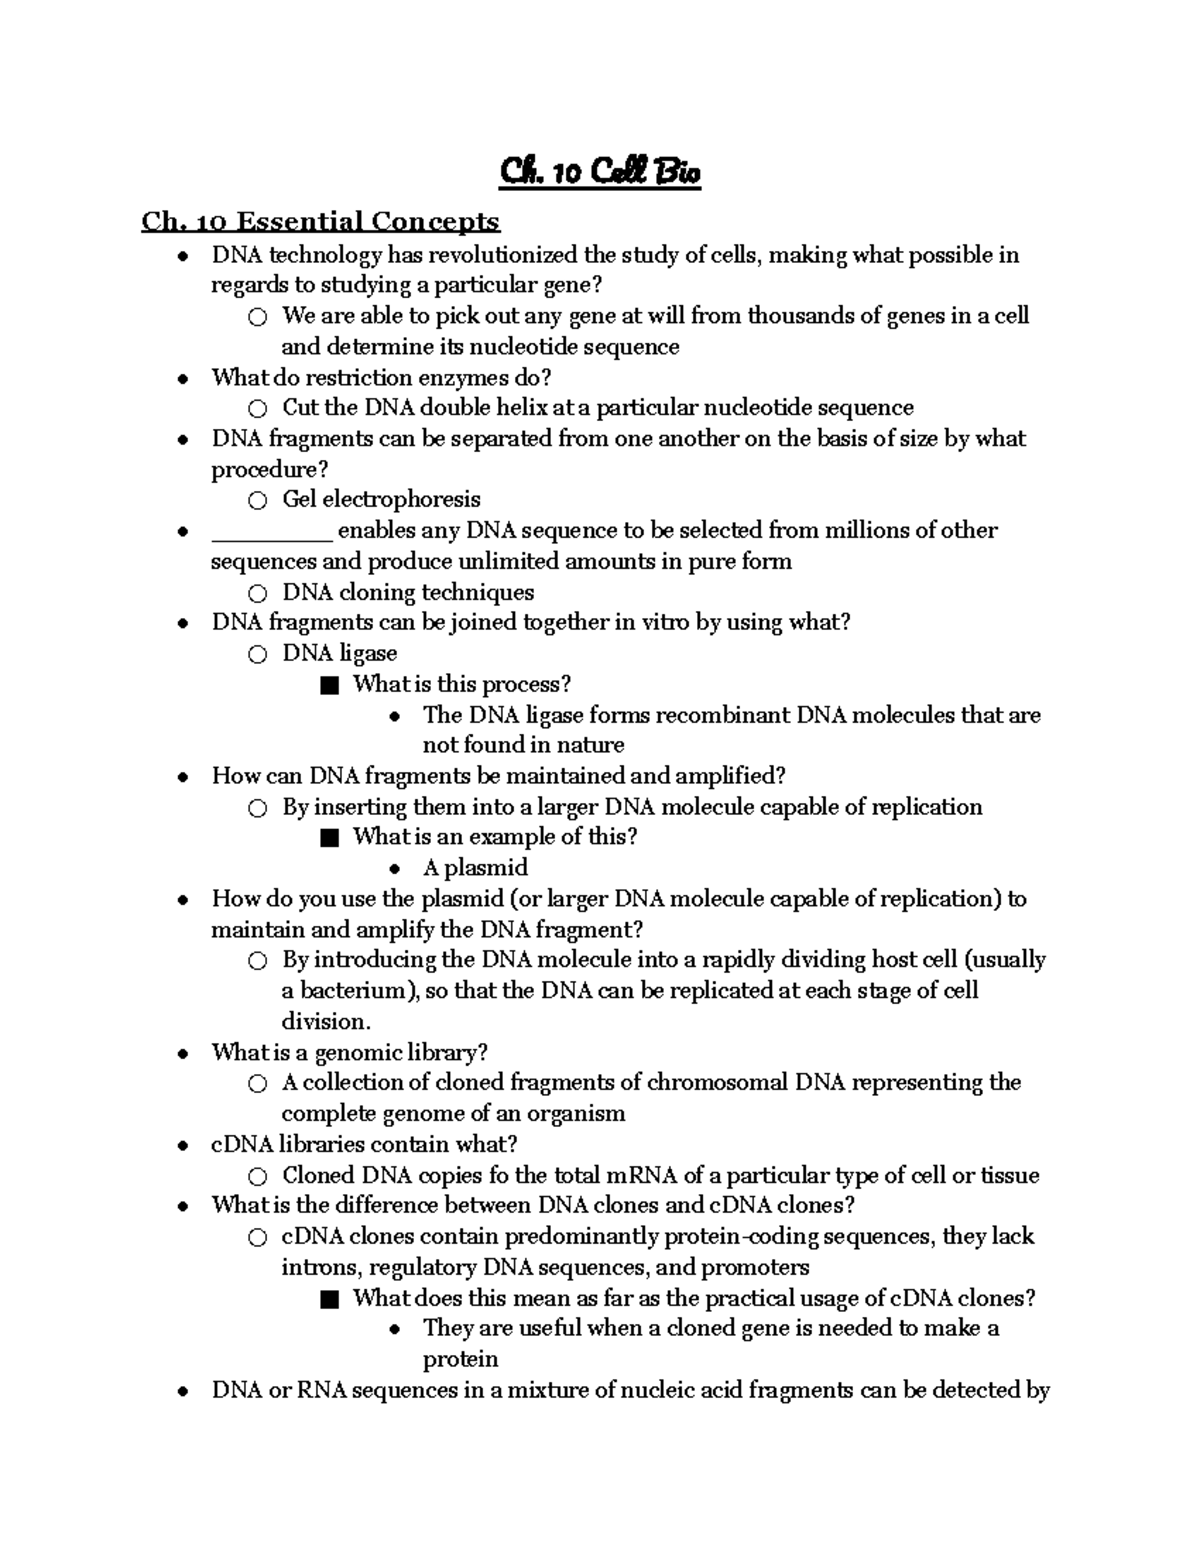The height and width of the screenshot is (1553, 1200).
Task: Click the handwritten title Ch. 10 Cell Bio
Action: [x=600, y=172]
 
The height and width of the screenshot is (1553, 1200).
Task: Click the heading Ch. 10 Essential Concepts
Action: [x=320, y=221]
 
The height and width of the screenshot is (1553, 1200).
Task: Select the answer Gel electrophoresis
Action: [x=381, y=499]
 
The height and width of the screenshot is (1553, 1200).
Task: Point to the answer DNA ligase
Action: [x=339, y=653]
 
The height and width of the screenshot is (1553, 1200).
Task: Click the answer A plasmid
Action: [x=475, y=867]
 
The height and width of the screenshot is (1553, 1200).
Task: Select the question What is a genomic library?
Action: [x=349, y=1052]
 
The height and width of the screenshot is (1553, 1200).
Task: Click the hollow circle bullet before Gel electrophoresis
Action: [x=258, y=500]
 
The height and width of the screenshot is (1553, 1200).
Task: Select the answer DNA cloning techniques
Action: [x=408, y=592]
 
